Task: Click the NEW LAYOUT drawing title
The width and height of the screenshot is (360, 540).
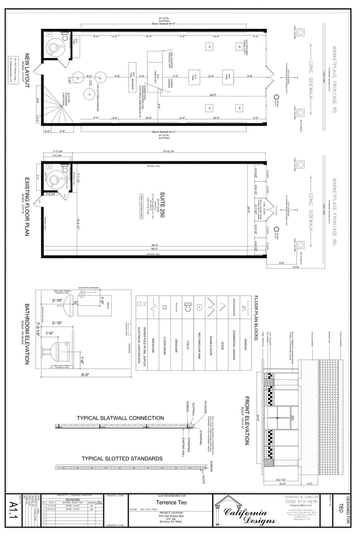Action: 27,71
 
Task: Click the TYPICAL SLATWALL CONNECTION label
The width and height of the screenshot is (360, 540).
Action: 120,418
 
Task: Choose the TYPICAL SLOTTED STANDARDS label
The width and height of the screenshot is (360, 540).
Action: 122,458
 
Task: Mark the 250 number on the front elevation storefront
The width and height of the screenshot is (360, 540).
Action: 293,418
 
